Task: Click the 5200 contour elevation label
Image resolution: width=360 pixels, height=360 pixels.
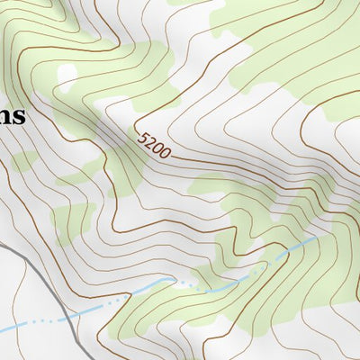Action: pyautogui.click(x=154, y=146)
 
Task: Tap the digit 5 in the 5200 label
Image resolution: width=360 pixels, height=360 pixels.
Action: pyautogui.click(x=144, y=138)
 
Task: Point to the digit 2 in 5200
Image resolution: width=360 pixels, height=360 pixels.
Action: pyautogui.click(x=150, y=143)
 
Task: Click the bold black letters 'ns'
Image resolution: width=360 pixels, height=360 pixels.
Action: pyautogui.click(x=12, y=117)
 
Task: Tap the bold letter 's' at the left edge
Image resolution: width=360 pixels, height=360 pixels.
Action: pyautogui.click(x=19, y=118)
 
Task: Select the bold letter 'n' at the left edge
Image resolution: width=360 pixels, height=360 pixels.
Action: pyautogui.click(x=6, y=118)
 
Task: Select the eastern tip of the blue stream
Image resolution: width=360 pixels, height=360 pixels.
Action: pyautogui.click(x=317, y=238)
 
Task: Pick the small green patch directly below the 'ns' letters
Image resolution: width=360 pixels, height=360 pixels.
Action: pyautogui.click(x=24, y=162)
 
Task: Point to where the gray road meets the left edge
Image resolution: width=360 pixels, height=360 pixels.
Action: pyautogui.click(x=2, y=244)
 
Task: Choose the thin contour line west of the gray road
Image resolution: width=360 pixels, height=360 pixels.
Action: pyautogui.click(x=27, y=297)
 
